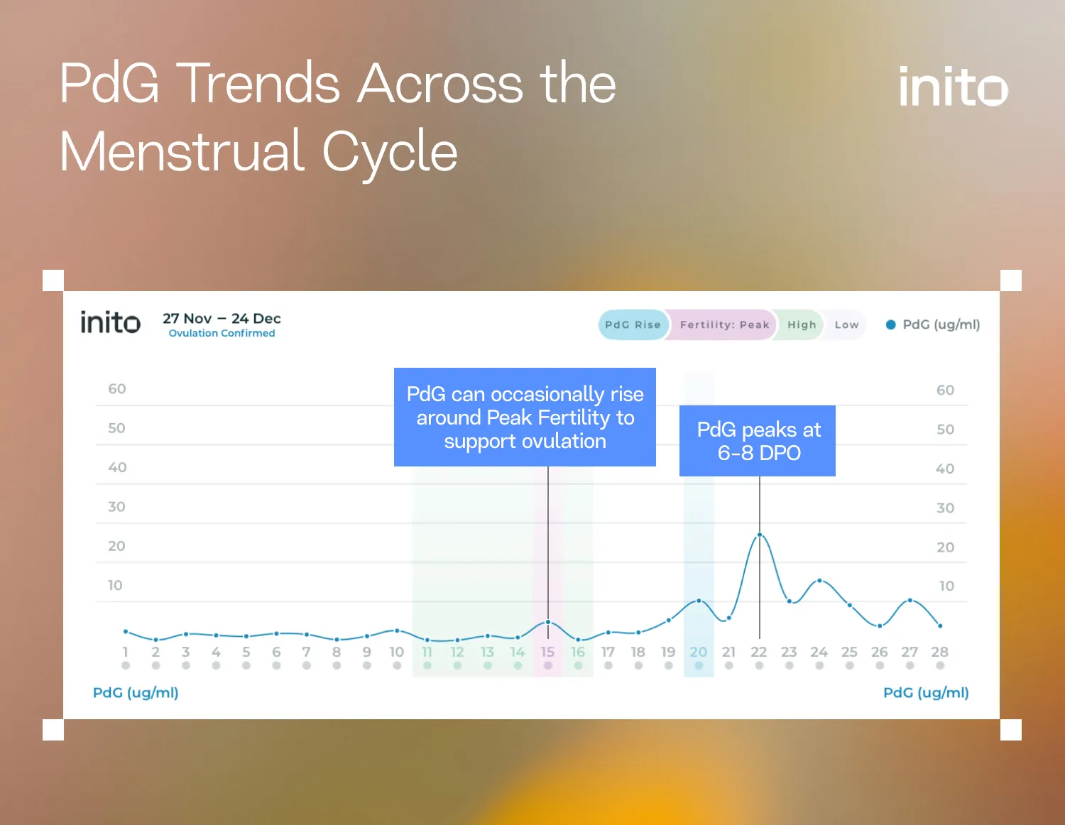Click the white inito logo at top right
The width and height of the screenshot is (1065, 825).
coord(953,87)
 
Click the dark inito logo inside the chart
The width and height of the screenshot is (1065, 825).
coord(110,323)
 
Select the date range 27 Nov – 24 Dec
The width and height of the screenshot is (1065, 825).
coord(222,318)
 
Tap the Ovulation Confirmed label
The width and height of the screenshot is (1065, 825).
coord(222,333)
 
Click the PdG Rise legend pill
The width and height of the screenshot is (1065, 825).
coord(633,324)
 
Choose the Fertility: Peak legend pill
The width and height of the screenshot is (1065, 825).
coord(724,324)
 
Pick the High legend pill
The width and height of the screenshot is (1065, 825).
coord(802,324)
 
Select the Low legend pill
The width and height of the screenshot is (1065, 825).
coord(846,324)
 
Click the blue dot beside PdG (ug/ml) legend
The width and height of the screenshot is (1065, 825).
coord(890,324)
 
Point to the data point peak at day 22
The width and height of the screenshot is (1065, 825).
coord(760,535)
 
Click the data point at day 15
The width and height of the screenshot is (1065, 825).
coord(548,622)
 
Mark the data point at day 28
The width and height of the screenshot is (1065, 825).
coord(940,625)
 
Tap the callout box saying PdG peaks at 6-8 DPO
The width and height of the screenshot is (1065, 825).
coord(758,441)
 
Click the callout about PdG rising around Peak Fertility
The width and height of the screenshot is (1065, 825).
coord(525,417)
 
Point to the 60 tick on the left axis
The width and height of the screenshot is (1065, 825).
coord(117,389)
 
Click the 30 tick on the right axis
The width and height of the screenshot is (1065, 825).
coord(945,508)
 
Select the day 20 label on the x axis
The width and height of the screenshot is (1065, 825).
coord(699,652)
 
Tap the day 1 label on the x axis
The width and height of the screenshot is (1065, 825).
coord(126,652)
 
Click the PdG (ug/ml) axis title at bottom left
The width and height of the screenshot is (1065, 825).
coord(136,692)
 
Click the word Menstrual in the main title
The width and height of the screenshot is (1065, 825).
coord(183,151)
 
